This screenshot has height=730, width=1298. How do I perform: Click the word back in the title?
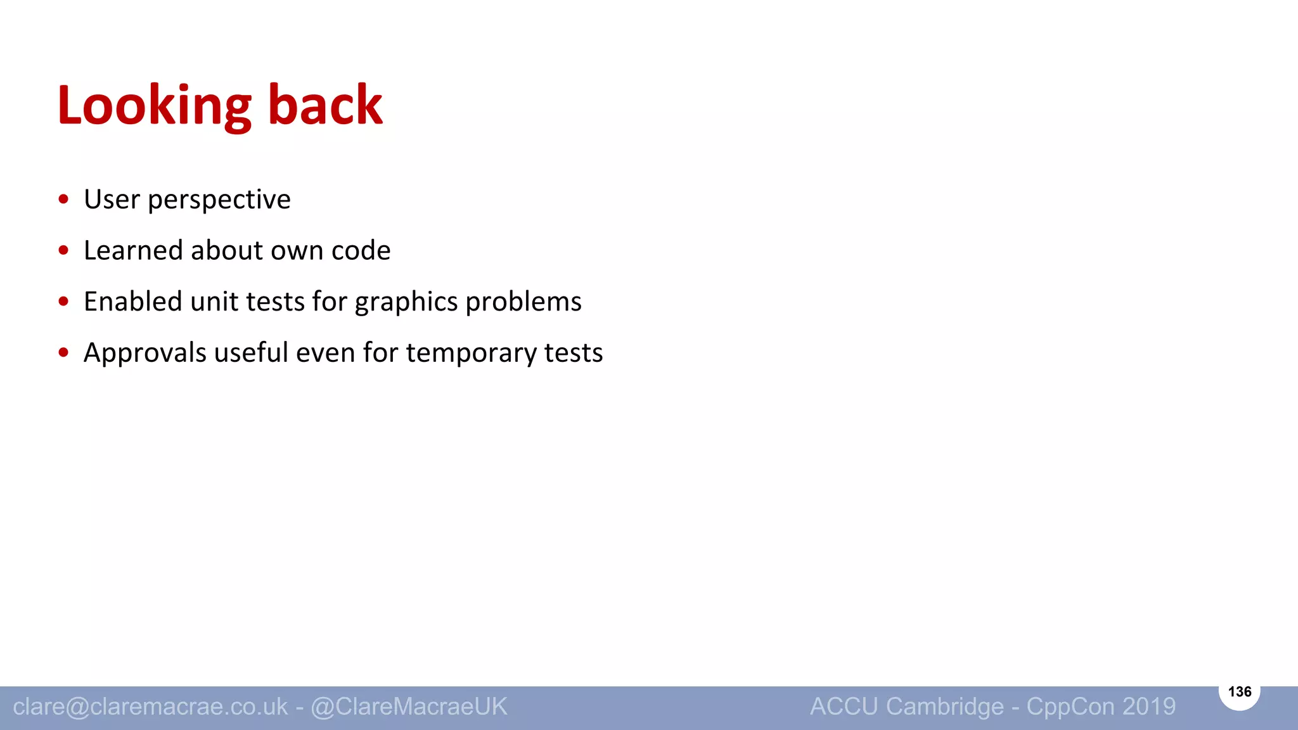325,105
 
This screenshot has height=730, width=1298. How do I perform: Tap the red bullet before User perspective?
63,200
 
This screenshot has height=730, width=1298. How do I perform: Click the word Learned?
133,250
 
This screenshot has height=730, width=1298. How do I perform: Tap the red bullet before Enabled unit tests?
63,302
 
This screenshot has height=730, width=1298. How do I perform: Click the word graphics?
406,302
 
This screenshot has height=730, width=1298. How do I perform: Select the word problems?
523,302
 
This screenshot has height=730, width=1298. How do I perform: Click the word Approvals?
145,353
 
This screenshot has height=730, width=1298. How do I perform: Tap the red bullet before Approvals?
63,353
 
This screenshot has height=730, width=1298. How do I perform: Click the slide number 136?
1239,691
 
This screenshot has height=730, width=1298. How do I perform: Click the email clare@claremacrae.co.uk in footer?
150,707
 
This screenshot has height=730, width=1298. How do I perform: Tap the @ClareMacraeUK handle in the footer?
409,707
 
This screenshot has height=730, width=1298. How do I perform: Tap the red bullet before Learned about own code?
63,250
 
